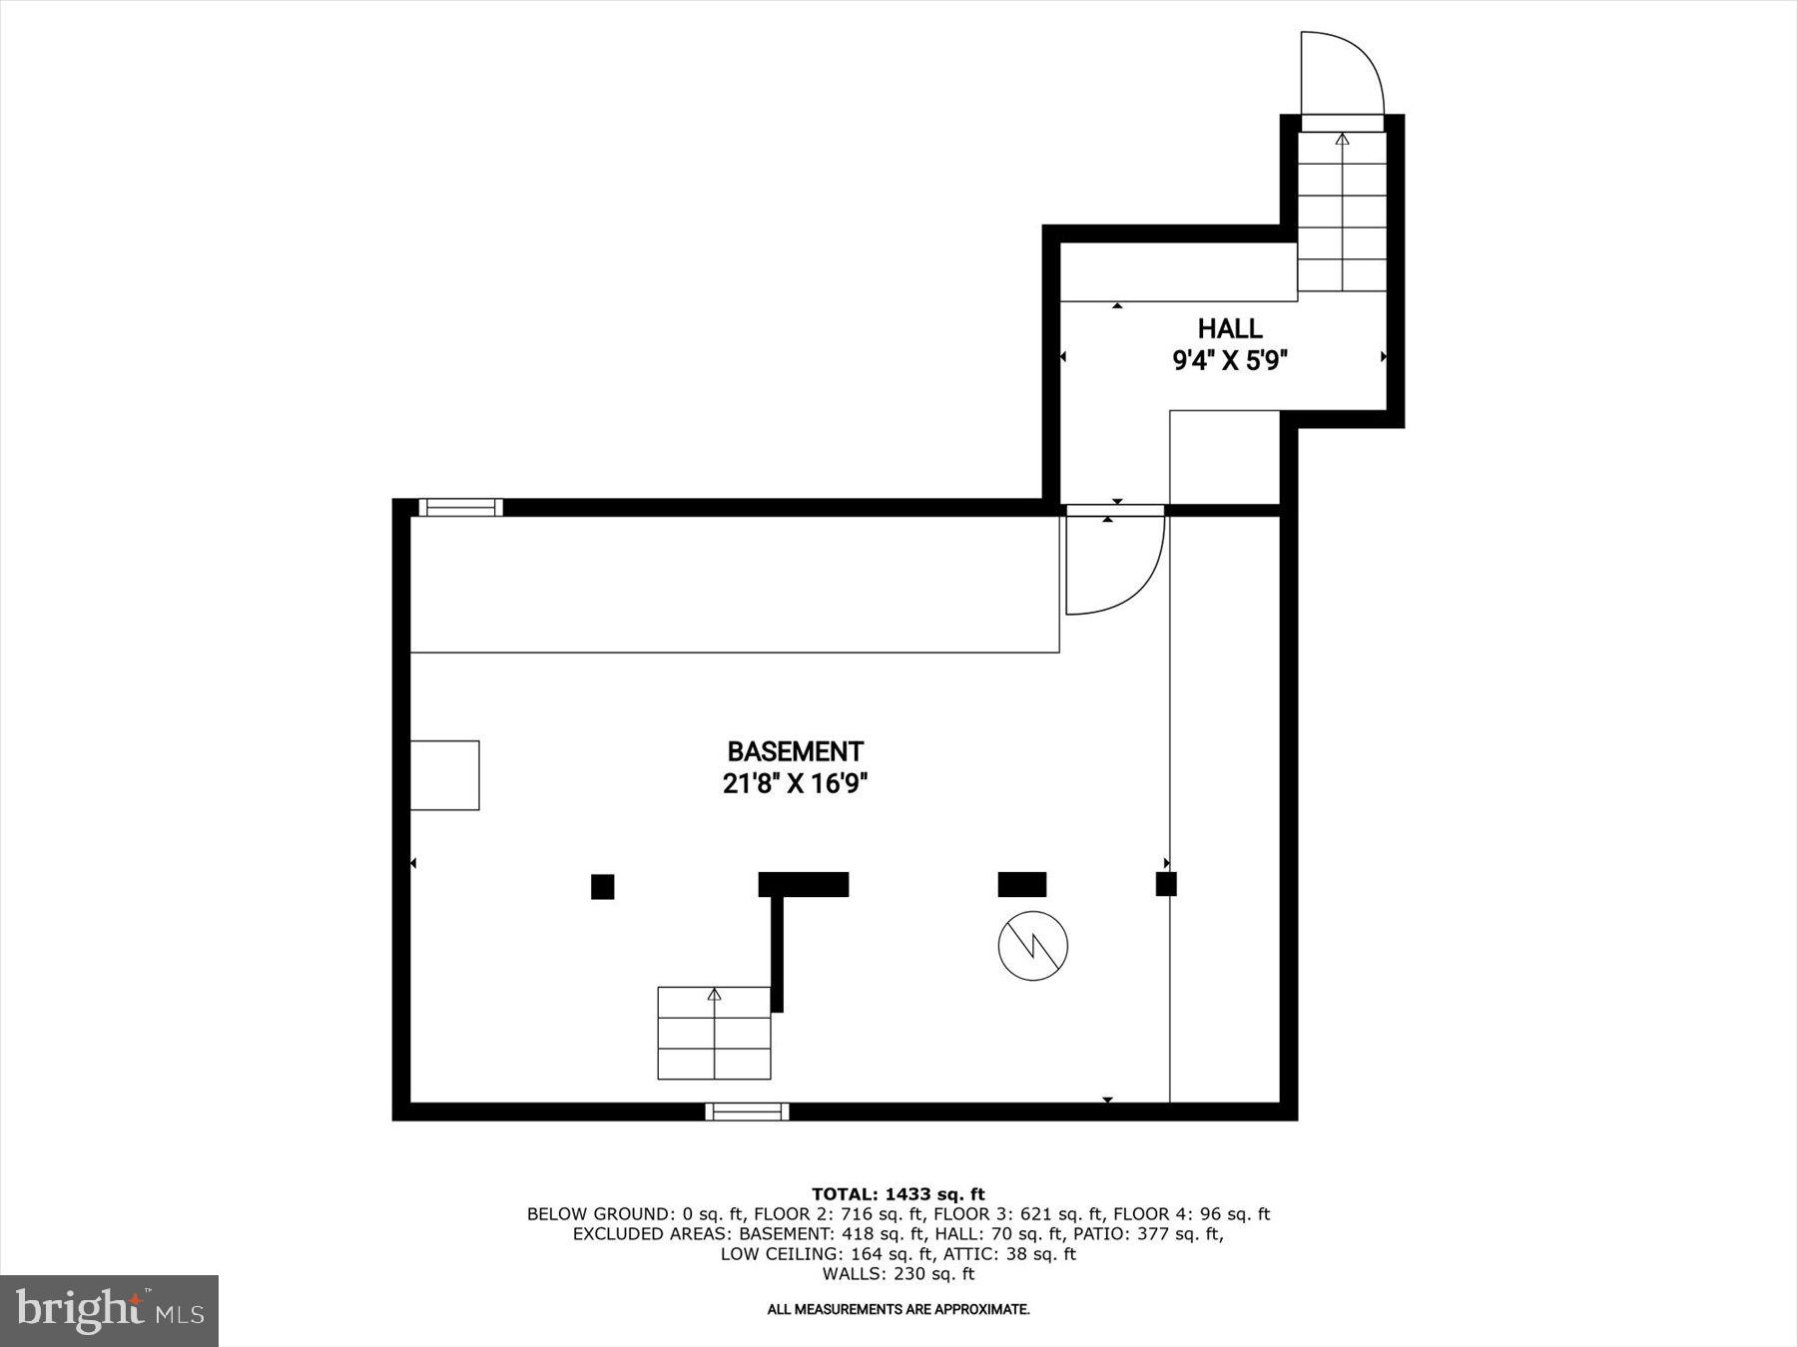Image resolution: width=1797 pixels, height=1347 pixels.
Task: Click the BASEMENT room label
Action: (x=795, y=751)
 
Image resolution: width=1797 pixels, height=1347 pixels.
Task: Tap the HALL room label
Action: (x=1230, y=328)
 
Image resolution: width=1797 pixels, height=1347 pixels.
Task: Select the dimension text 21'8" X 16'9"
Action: (x=795, y=784)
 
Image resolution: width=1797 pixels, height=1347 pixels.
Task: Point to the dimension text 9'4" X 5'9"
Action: (x=1230, y=360)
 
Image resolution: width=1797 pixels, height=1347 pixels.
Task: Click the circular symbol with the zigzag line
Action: (x=1033, y=945)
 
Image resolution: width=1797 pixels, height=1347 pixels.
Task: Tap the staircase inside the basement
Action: (x=714, y=1034)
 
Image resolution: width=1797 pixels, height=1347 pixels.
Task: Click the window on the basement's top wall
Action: (x=460, y=508)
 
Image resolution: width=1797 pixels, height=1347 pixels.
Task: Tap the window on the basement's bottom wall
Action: (x=747, y=1112)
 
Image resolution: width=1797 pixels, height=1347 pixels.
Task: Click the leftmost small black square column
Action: (x=602, y=886)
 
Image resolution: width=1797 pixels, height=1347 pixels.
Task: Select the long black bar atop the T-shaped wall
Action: (x=804, y=884)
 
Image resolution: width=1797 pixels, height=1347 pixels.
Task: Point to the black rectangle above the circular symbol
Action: (x=1022, y=884)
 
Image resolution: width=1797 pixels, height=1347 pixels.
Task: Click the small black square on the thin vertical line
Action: (x=1166, y=884)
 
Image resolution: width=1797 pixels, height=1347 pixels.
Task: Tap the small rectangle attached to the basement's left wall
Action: (x=445, y=775)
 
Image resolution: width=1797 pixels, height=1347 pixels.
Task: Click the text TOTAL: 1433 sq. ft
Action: (x=898, y=1194)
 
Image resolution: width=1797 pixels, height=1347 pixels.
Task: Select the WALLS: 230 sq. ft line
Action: (x=898, y=1274)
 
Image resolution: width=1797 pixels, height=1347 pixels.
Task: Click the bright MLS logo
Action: (x=109, y=1310)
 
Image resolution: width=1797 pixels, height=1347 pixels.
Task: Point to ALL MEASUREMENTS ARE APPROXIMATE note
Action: (x=898, y=1309)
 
